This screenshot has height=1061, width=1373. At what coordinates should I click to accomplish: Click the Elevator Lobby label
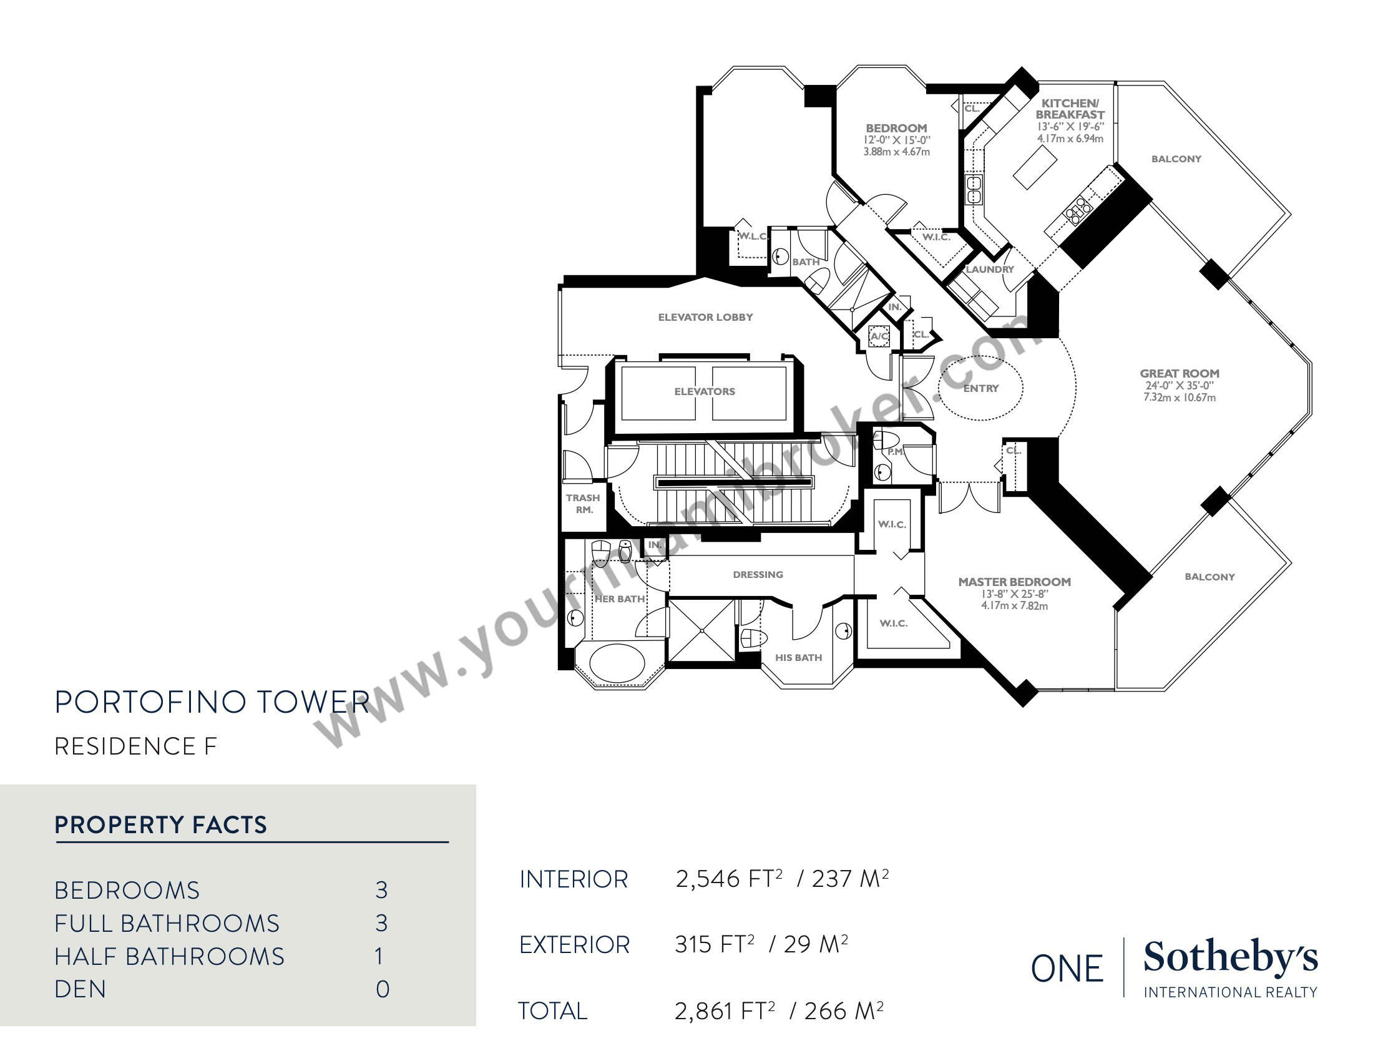pos(705,318)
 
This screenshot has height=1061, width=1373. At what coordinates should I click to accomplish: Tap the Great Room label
pos(1180,373)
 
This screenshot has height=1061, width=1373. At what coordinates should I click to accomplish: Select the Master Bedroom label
pos(1014,582)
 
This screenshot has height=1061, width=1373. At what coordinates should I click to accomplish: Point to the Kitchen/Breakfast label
pos(1070,109)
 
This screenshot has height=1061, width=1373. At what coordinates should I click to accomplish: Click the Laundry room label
pos(990,269)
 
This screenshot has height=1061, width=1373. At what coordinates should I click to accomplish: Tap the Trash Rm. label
pos(583,504)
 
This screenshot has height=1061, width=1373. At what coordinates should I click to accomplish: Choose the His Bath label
pos(798,657)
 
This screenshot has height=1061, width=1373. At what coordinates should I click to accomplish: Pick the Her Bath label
pos(620,599)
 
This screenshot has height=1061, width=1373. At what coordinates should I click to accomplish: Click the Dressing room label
pos(758,574)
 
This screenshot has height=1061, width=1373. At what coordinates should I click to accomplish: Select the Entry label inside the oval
pos(980,388)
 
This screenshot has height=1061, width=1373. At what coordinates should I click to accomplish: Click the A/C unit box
pos(879,336)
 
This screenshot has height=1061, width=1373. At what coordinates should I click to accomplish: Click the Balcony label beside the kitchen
pos(1176,159)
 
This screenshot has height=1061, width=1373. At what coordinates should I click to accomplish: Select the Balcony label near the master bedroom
pos(1209,577)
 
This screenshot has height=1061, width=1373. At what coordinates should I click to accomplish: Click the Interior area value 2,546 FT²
pos(728,878)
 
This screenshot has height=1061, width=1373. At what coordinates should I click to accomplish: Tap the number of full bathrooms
pos(381,922)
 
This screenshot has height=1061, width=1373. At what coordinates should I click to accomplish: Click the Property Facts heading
pos(161,824)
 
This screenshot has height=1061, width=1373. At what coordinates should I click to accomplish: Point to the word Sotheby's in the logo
pos(1230,959)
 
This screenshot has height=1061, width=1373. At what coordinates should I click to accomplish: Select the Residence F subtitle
pos(136,746)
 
